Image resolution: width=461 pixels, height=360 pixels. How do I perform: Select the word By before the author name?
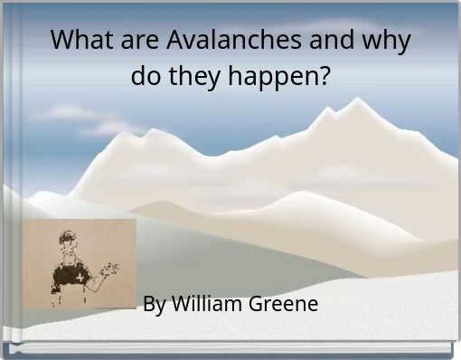click(154, 304)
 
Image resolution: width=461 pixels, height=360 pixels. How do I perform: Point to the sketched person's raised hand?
click(110, 268)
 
